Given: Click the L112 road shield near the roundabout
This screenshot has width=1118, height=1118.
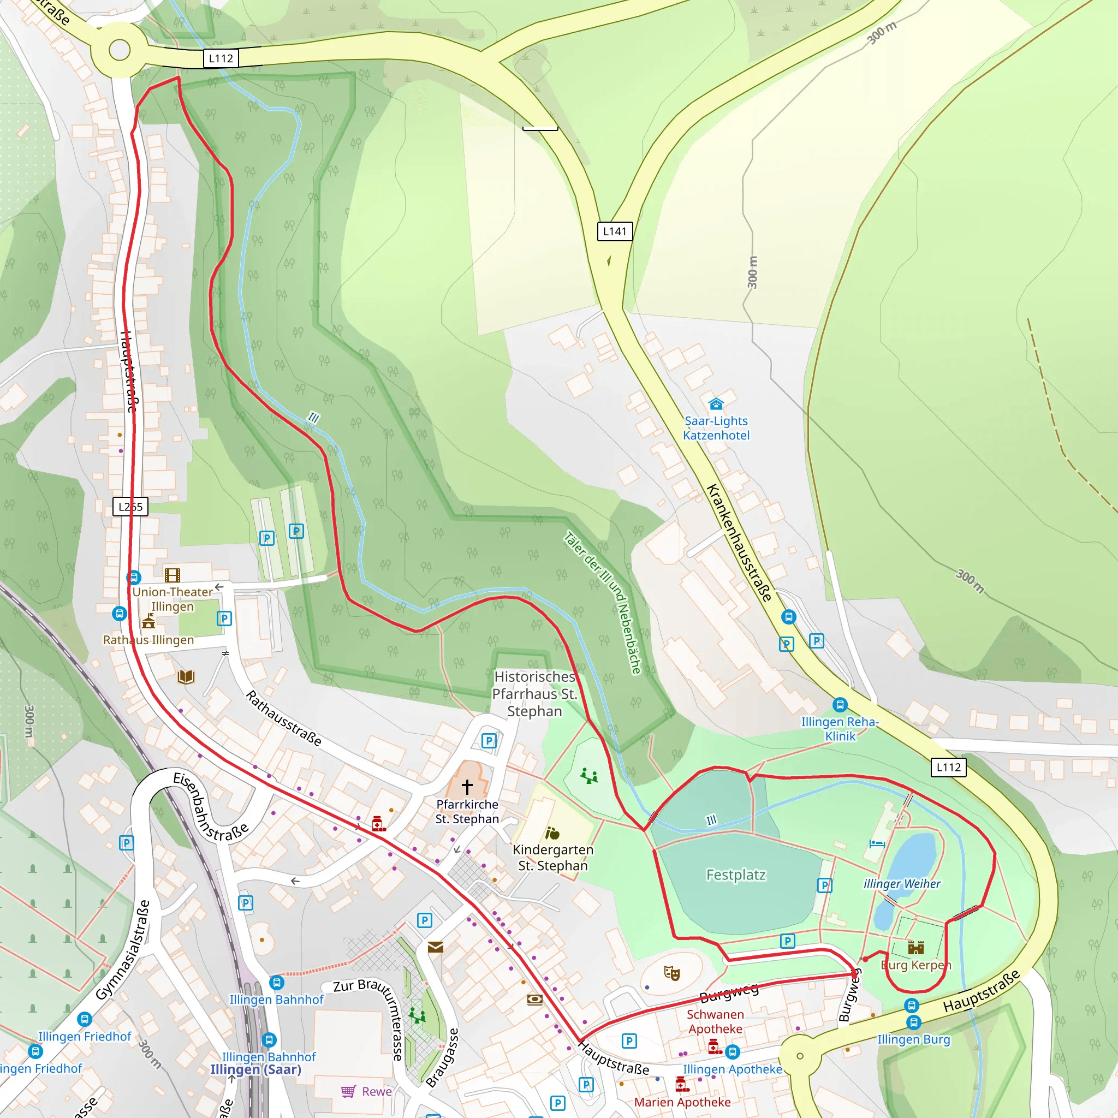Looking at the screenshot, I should tap(221, 58).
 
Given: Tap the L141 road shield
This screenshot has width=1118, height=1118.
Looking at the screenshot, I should tap(615, 231).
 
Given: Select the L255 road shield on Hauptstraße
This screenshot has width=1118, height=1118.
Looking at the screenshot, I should tap(130, 507).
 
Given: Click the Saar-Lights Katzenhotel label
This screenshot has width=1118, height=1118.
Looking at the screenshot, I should tap(716, 428).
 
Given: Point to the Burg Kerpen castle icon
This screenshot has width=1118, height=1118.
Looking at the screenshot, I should tap(915, 947).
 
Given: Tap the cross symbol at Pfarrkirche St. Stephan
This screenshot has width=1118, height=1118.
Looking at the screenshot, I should tap(467, 786).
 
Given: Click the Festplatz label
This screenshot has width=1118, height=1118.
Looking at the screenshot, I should tap(735, 875).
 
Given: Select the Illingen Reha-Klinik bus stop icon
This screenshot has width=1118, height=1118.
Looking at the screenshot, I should tap(840, 705).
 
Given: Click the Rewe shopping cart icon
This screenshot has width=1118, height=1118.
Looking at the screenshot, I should tap(348, 1091).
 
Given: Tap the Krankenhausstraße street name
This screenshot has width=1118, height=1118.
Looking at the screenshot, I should tap(739, 543).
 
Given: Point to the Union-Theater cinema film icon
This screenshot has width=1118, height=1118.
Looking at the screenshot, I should tap(173, 575).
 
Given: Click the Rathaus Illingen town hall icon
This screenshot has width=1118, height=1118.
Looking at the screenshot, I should tap(148, 622).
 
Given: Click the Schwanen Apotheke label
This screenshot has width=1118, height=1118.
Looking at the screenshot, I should tap(715, 1021).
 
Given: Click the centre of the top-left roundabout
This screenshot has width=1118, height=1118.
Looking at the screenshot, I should tap(120, 50).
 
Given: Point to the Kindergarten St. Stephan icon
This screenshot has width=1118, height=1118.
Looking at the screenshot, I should tap(552, 833).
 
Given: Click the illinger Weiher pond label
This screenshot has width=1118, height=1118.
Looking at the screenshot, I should tap(902, 884).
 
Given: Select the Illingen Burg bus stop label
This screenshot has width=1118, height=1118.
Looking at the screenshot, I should tap(913, 1039).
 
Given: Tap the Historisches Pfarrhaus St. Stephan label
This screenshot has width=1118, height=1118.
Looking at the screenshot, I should tap(534, 694).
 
